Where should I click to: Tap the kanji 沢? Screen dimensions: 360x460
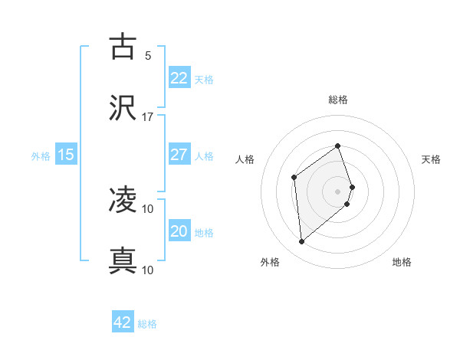tap(123, 108)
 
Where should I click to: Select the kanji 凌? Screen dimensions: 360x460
tap(123, 201)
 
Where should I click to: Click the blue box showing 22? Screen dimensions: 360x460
tap(179, 78)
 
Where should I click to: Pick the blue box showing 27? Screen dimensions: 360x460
tap(179, 155)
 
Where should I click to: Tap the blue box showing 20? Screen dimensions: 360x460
tap(179, 231)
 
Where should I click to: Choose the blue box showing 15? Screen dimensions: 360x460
tap(66, 155)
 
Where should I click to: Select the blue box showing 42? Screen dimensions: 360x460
tap(123, 322)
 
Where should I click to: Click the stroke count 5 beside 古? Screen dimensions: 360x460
tap(148, 55)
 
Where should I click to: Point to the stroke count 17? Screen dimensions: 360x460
tap(148, 116)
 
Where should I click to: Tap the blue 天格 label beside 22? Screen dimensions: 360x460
tap(204, 79)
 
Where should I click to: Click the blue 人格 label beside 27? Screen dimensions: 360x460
tap(204, 155)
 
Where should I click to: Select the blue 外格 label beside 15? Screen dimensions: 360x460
tap(41, 155)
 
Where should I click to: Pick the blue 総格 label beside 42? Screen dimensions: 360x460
tap(147, 323)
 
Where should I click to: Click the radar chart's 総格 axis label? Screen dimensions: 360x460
tap(338, 100)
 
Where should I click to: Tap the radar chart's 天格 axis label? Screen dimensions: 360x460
tap(432, 159)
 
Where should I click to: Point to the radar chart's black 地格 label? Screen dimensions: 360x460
tap(402, 262)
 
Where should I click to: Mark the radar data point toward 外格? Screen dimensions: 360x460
tap(302, 242)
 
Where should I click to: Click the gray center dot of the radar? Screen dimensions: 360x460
tap(338, 190)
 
